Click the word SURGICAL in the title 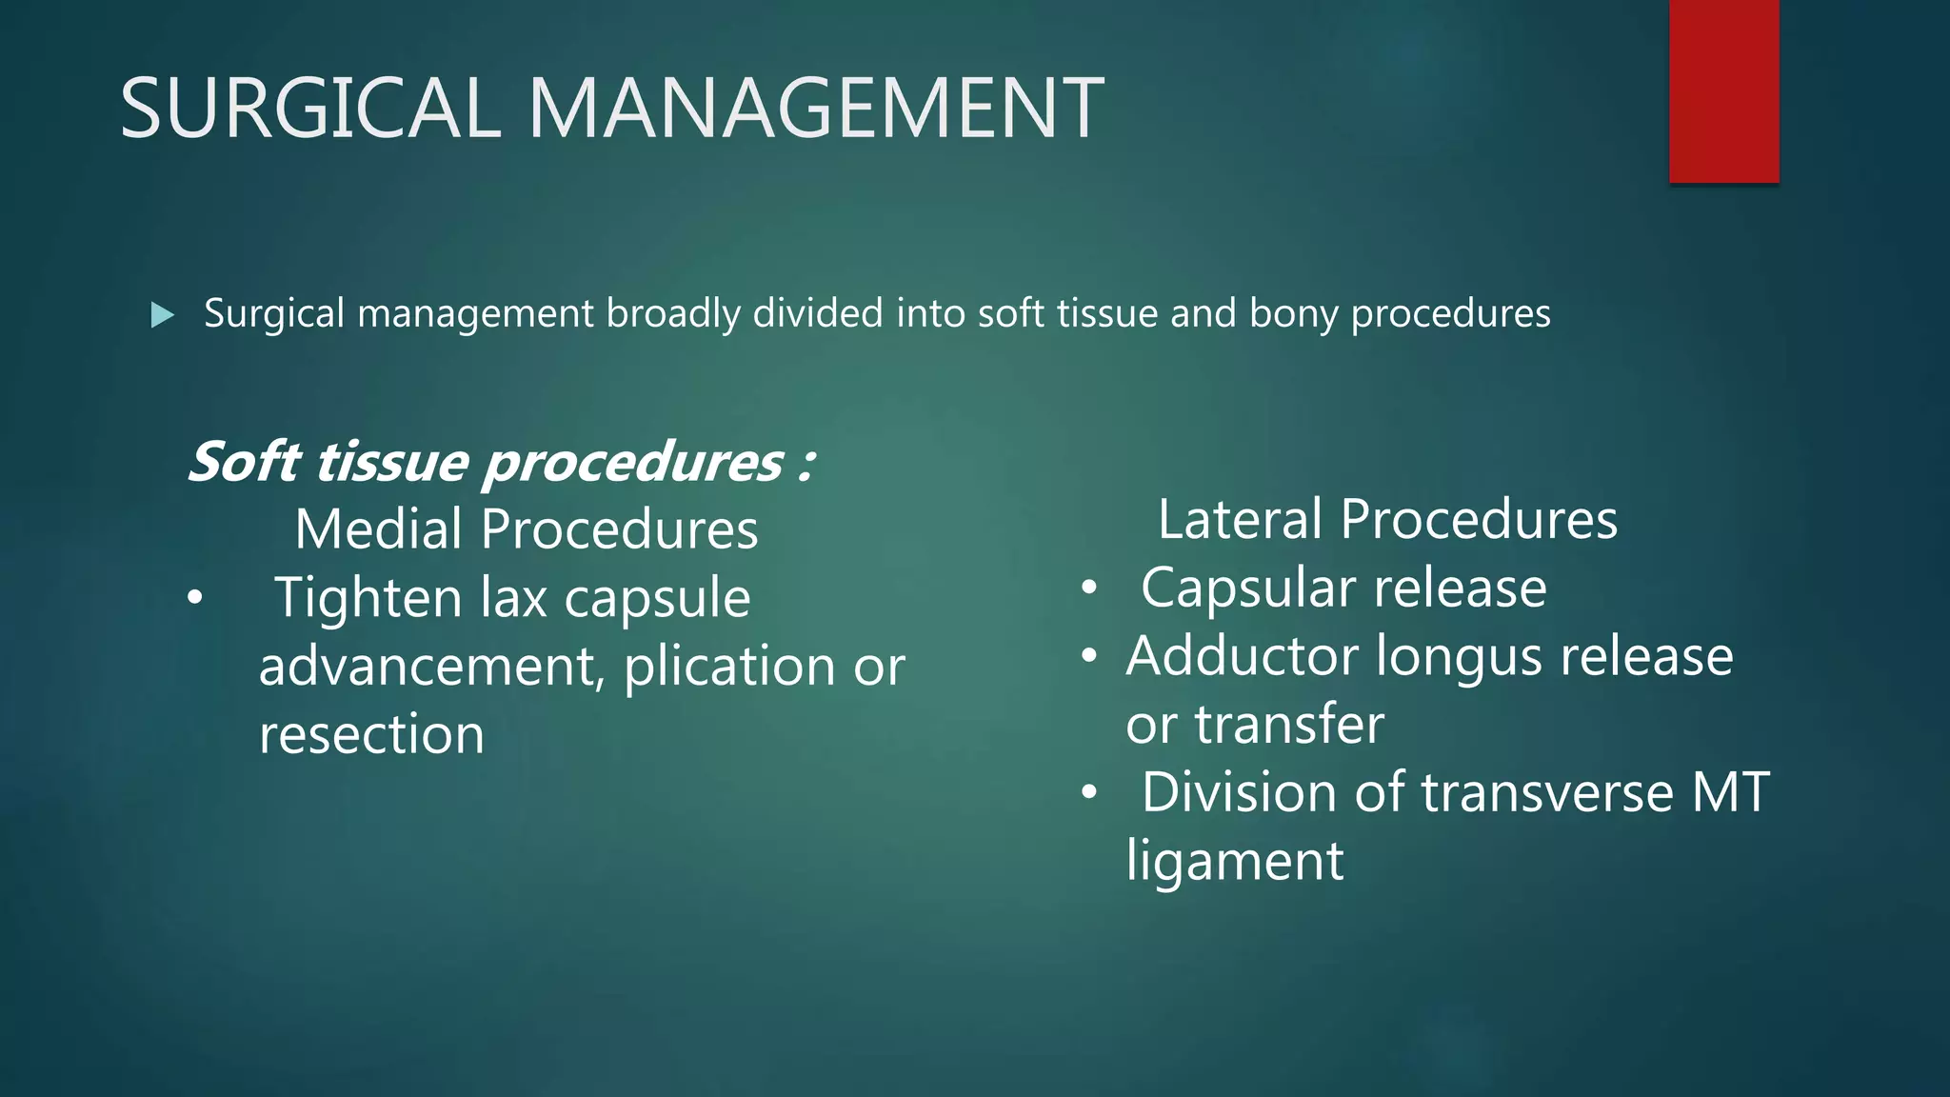[x=310, y=109]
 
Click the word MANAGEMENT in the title [x=815, y=109]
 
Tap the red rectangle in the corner [x=1723, y=90]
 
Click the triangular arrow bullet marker [x=163, y=314]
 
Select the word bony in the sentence [x=1293, y=314]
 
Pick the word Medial [x=379, y=529]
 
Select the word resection [x=371, y=734]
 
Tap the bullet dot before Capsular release [x=1090, y=588]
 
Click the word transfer [x=1289, y=725]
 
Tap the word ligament [x=1235, y=862]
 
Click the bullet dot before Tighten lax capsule [x=195, y=598]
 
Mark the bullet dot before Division [x=1090, y=792]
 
